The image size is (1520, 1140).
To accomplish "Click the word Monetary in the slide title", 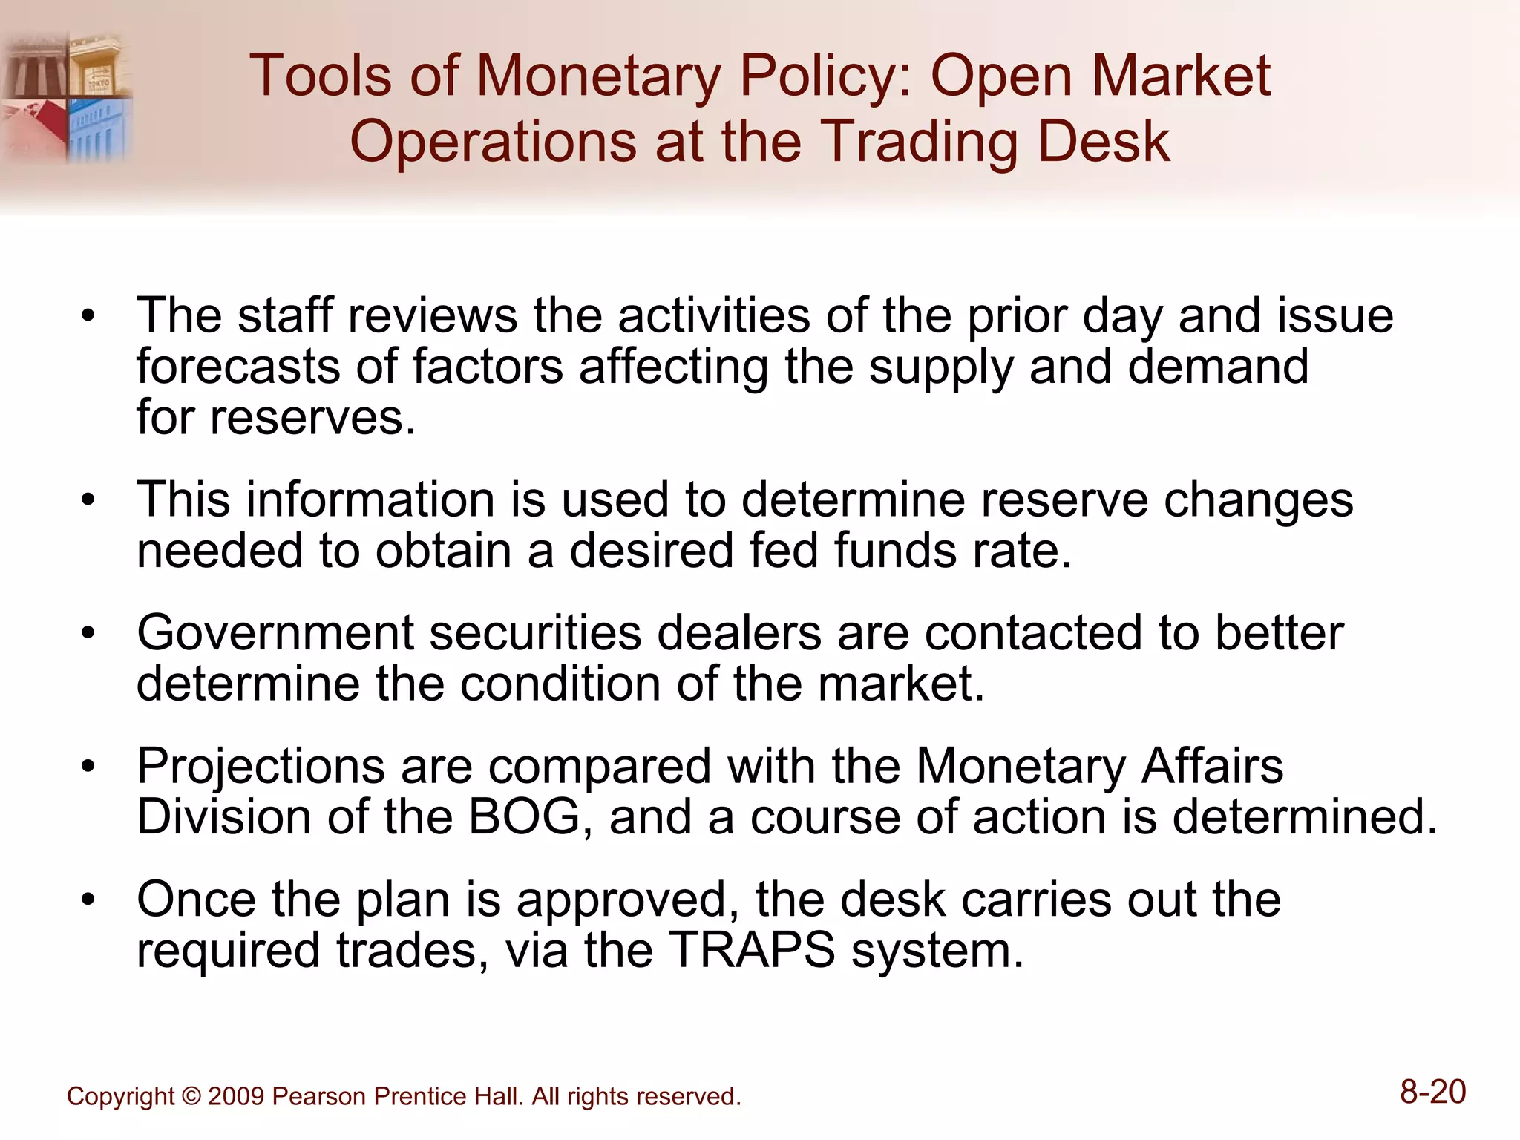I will [598, 76].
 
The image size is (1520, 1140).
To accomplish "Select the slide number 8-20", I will [1432, 1092].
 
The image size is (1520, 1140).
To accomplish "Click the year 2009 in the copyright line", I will [236, 1096].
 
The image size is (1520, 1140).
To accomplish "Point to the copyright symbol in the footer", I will [191, 1096].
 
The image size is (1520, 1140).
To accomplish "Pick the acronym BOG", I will [524, 816].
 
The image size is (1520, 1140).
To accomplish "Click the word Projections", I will [261, 766].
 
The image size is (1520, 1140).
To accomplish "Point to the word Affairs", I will [1212, 766].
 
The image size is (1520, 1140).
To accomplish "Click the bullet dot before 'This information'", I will [88, 499].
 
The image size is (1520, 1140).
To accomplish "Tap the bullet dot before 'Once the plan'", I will [88, 900].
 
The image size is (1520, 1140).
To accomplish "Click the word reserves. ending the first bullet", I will [312, 418].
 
